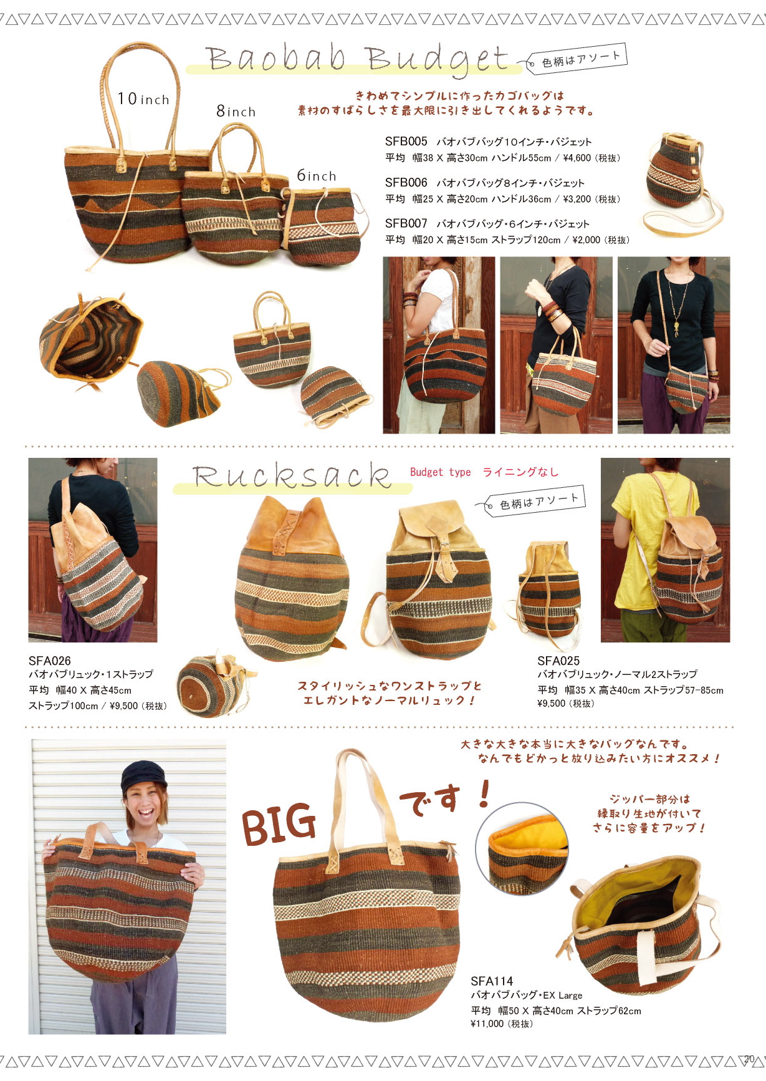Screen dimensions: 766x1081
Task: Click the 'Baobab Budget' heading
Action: [x=358, y=59]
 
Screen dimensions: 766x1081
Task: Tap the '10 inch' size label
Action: [x=143, y=99]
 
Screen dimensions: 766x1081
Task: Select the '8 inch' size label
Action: [x=236, y=111]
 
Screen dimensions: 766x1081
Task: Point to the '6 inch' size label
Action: [x=316, y=175]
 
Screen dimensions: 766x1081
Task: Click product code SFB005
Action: [x=406, y=142]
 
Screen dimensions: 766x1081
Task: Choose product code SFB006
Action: [x=406, y=183]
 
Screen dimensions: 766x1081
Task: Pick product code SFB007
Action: [x=406, y=223]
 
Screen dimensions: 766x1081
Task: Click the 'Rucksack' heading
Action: [x=292, y=476]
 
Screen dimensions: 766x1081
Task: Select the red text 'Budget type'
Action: [x=440, y=472]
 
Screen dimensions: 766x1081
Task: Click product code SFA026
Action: [x=50, y=661]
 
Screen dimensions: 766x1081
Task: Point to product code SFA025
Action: [x=558, y=661]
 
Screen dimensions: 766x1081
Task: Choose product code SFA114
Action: [x=492, y=981]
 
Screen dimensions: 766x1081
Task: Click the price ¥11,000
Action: [x=487, y=1024]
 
